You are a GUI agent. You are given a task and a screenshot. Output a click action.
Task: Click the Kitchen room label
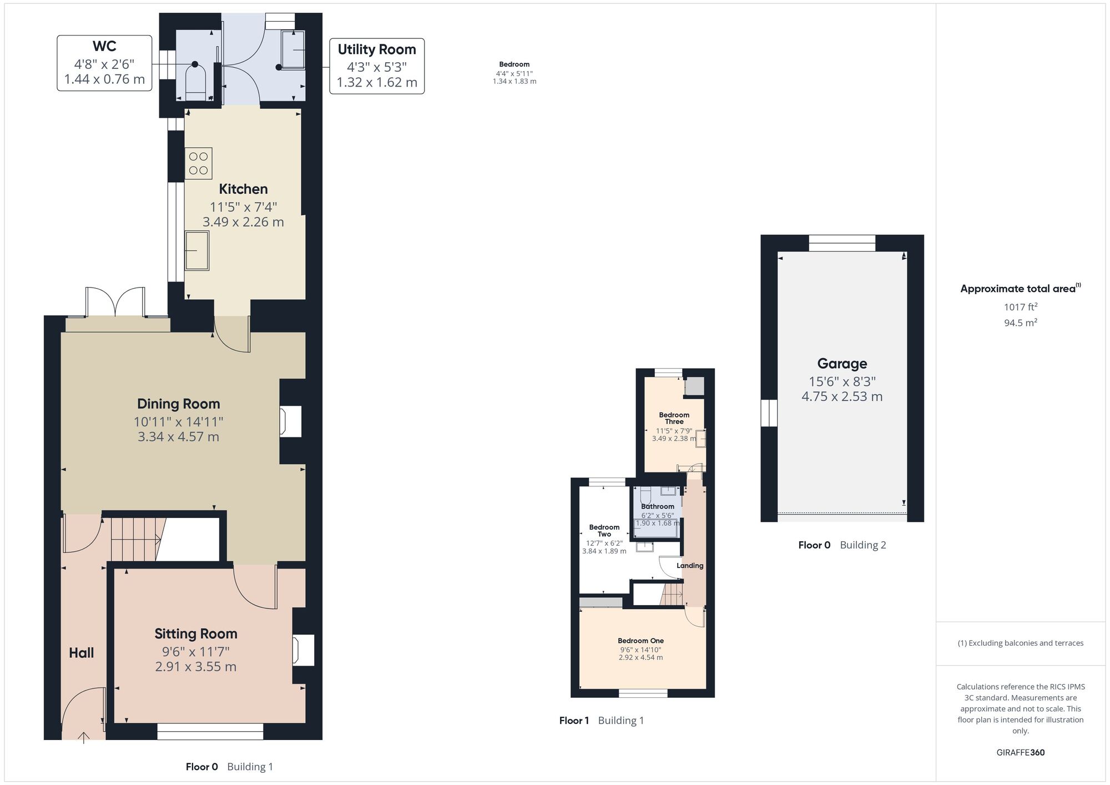243,189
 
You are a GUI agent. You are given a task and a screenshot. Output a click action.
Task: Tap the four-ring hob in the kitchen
198,163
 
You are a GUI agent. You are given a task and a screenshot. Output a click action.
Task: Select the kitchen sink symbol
197,250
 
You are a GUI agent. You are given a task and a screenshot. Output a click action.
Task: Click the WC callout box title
104,46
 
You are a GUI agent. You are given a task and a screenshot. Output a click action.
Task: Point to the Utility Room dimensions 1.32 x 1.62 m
377,83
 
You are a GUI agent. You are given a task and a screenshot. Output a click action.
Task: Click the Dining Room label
178,404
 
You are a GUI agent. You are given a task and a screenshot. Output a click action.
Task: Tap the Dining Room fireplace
290,421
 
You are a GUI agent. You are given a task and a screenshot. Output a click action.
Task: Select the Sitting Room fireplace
303,650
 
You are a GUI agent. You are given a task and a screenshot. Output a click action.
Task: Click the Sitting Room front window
210,732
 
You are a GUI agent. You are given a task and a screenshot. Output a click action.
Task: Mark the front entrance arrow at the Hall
83,737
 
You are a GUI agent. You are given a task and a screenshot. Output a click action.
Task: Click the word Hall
81,653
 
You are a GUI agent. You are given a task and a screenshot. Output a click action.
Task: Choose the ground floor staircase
136,539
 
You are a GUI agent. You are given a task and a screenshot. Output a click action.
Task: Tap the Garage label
842,364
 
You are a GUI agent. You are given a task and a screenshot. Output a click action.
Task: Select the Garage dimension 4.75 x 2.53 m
842,396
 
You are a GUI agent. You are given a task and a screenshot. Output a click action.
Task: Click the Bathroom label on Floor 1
658,506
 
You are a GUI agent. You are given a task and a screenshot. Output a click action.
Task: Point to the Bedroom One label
640,641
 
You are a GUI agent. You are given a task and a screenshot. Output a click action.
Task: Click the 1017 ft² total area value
1020,306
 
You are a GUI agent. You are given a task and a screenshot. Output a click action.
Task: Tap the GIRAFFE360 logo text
1020,753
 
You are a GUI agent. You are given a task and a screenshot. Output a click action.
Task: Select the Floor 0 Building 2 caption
842,545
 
